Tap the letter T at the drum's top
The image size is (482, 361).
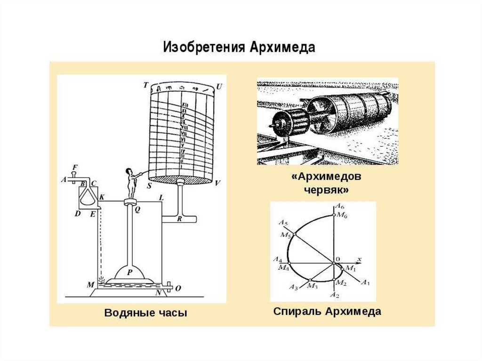tap(146, 85)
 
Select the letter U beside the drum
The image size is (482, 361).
tap(219, 87)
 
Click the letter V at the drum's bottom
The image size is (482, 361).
tap(217, 184)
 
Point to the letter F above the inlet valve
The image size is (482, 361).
tap(74, 167)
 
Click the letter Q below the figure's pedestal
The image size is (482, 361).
tap(137, 210)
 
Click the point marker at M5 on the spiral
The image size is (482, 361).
tap(294, 234)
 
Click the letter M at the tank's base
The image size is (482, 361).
tap(91, 285)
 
